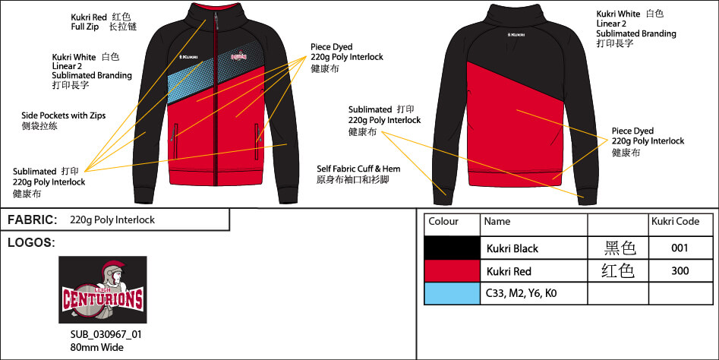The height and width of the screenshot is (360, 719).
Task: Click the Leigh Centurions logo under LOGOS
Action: (x=102, y=290)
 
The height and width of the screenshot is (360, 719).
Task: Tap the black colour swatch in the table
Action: (x=452, y=248)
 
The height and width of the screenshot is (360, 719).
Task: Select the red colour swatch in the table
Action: (x=452, y=271)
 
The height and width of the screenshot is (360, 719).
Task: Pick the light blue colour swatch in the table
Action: (x=452, y=293)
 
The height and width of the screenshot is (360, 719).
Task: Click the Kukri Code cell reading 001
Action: (x=681, y=248)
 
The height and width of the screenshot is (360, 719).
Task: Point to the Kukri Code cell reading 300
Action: (x=681, y=271)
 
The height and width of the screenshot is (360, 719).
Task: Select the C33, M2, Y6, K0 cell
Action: (x=521, y=293)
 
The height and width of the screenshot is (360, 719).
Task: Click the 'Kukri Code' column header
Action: (x=675, y=222)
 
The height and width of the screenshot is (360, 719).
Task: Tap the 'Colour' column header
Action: (x=443, y=222)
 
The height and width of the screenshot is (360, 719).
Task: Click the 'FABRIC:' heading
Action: (x=33, y=219)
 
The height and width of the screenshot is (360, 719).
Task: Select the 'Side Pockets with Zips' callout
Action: (x=63, y=115)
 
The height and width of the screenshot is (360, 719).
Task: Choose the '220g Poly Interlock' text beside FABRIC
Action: (x=112, y=220)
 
